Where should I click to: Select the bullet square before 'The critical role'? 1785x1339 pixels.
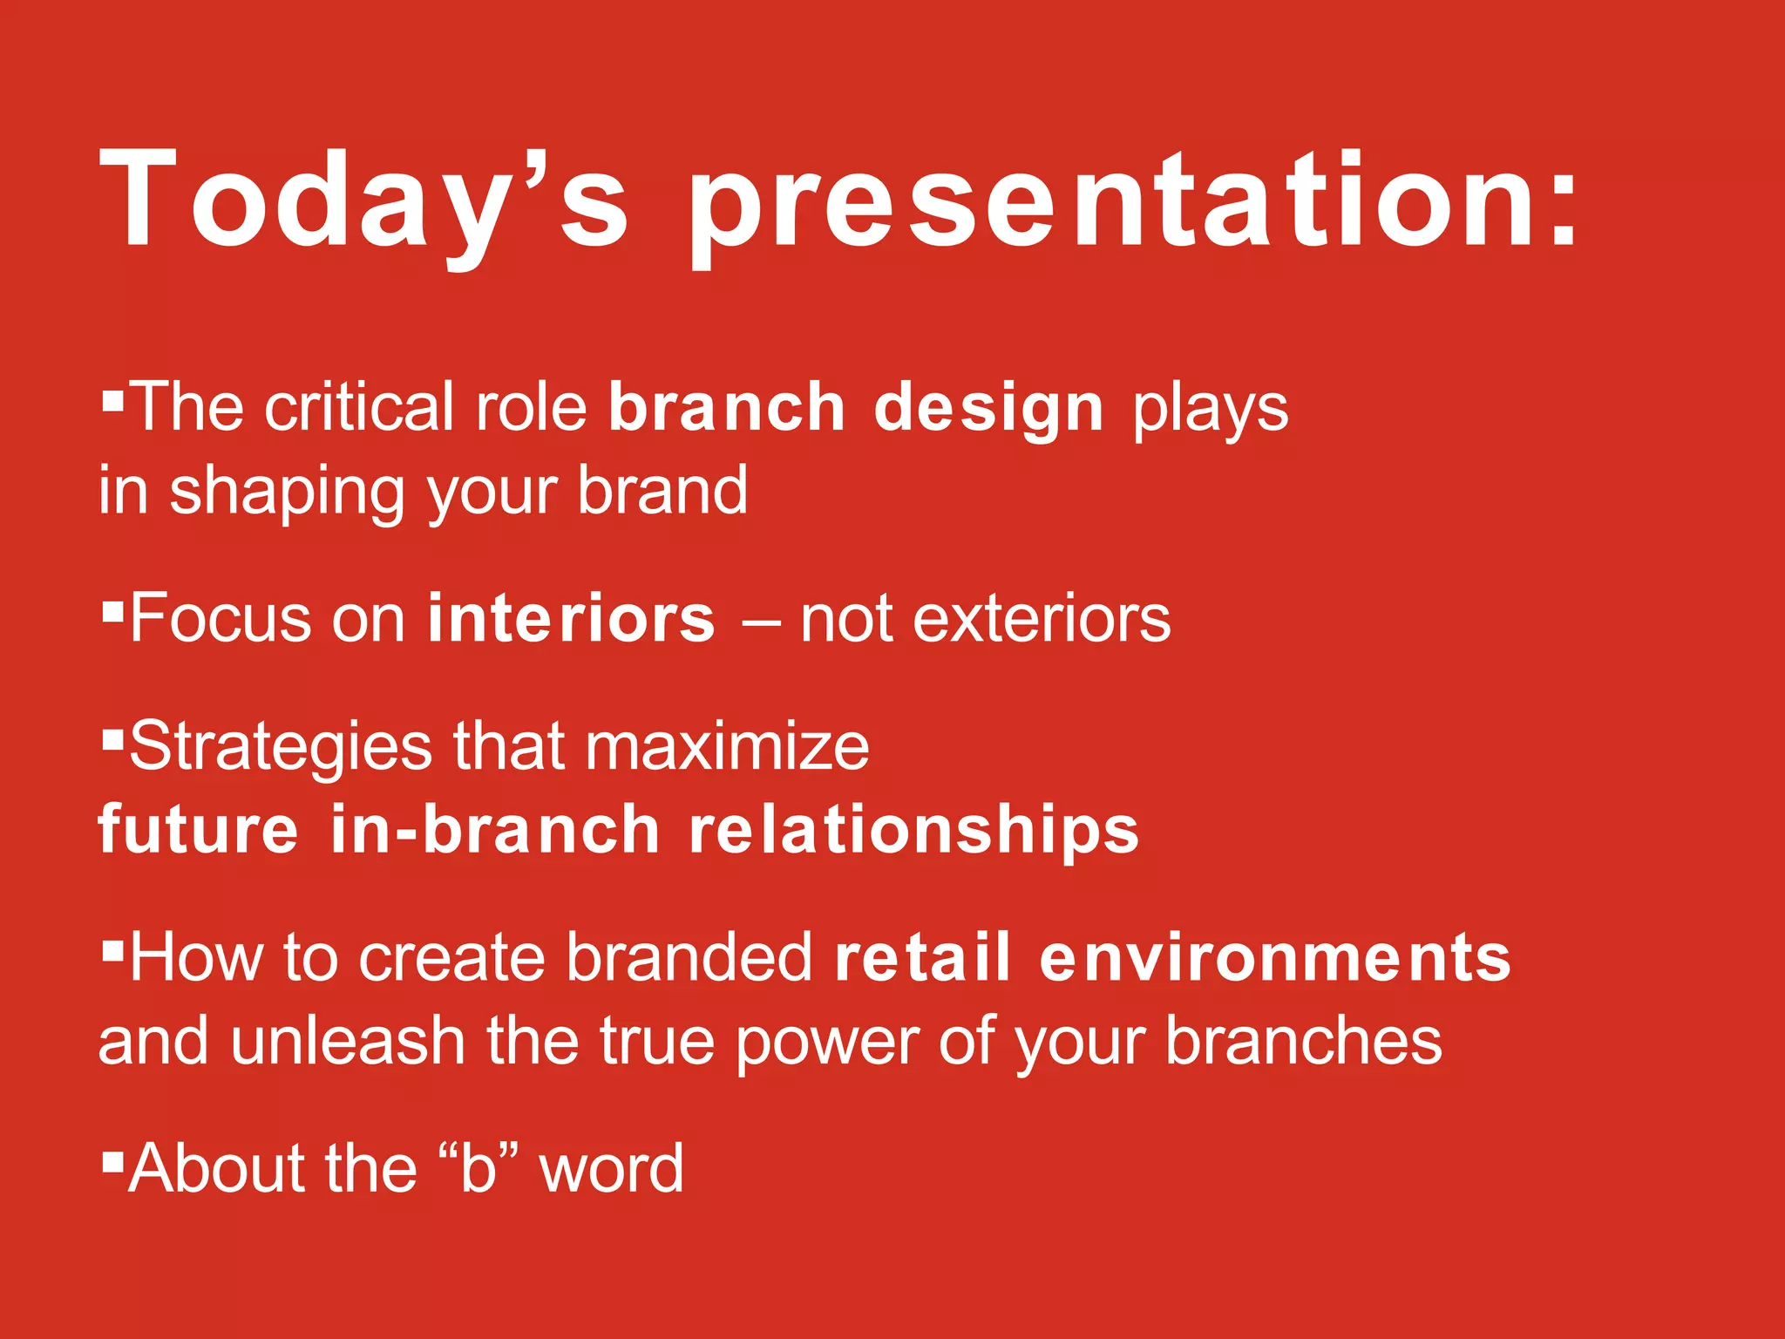[112, 401]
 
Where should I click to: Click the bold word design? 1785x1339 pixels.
[988, 408]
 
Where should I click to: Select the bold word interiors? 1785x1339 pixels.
[572, 619]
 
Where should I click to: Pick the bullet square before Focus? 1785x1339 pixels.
[112, 612]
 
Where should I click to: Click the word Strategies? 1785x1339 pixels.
[281, 748]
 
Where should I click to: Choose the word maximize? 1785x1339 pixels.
[727, 748]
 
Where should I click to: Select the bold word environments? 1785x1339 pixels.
[1274, 957]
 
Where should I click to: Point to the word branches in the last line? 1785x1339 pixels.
[1304, 1041]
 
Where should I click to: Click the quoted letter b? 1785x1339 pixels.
[478, 1168]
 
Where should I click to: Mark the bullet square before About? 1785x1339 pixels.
[112, 1161]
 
